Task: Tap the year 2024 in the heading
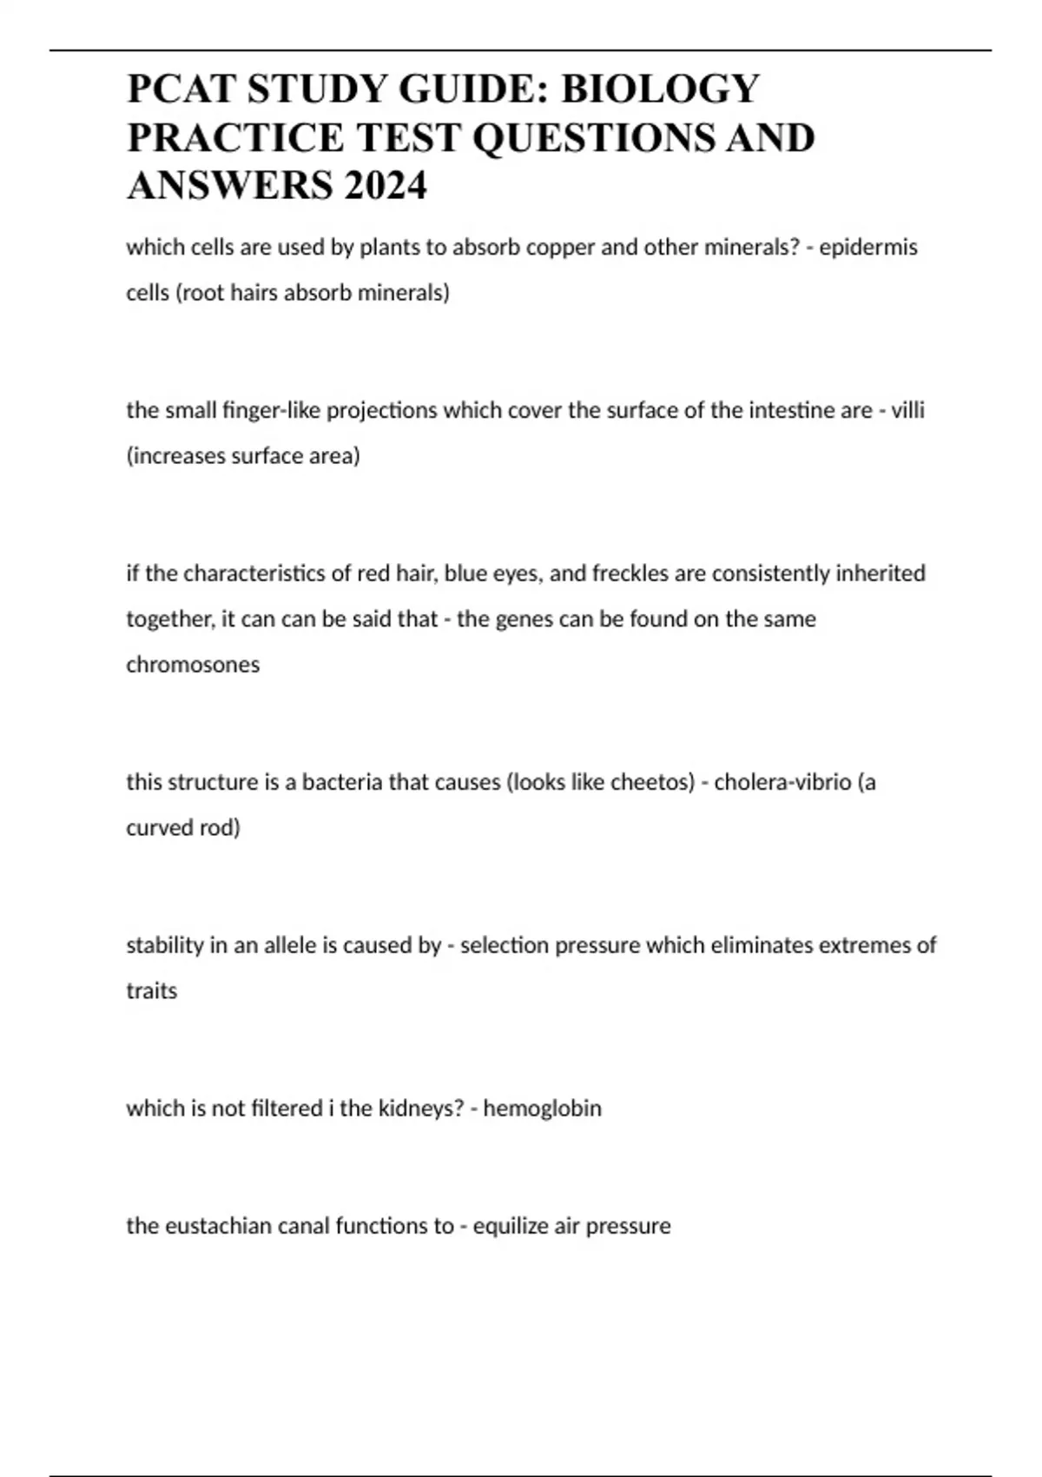click(386, 185)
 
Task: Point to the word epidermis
click(868, 248)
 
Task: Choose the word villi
click(907, 410)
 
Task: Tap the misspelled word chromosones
click(193, 665)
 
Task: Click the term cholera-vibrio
click(782, 782)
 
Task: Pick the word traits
click(152, 991)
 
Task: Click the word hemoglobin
click(542, 1109)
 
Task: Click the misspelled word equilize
click(511, 1226)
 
